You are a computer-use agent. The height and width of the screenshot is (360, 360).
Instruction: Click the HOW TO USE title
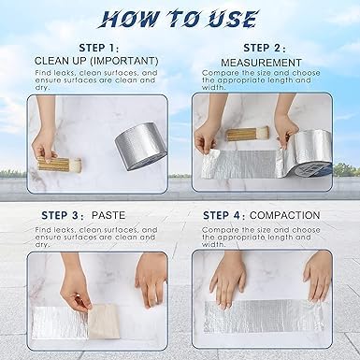click(179, 19)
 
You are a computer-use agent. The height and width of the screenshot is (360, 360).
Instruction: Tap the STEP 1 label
click(99, 48)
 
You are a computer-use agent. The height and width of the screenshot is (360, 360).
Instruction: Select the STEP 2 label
click(265, 48)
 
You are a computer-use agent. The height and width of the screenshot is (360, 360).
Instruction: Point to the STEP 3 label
click(63, 215)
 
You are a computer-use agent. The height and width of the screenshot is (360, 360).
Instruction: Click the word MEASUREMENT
click(261, 63)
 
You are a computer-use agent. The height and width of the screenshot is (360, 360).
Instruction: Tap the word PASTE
click(108, 215)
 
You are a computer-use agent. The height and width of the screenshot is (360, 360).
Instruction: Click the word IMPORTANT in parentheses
click(123, 61)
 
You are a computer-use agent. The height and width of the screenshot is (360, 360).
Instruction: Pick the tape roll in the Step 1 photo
click(141, 147)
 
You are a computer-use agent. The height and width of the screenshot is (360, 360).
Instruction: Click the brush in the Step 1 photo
click(59, 165)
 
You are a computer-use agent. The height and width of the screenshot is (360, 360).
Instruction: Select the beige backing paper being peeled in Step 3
click(104, 321)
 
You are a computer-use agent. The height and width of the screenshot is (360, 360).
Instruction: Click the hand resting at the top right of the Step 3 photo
click(151, 279)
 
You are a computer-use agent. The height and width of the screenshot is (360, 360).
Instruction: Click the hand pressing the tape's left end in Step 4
click(227, 279)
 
